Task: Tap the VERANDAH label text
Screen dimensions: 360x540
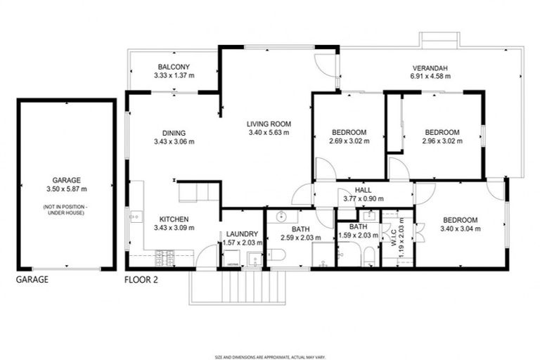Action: [430, 68]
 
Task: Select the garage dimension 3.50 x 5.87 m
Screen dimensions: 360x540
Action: [67, 189]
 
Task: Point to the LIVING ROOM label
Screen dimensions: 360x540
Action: [268, 124]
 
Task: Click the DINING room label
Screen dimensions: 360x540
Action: [174, 133]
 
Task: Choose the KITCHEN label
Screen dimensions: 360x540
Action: [174, 219]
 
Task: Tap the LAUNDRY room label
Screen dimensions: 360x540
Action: [242, 234]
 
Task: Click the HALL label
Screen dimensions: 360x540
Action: [364, 190]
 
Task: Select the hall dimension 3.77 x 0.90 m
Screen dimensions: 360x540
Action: [364, 198]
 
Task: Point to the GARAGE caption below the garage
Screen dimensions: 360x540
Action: [32, 279]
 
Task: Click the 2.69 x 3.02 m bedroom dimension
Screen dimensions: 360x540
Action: [349, 141]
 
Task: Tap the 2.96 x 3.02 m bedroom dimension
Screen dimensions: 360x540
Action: [442, 141]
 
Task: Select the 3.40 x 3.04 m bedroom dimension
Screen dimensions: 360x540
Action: [461, 228]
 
